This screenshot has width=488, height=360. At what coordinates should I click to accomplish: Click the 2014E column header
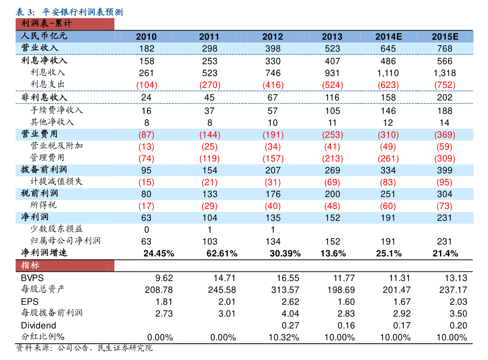tap(388, 37)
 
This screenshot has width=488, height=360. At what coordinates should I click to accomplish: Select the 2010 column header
tap(146, 37)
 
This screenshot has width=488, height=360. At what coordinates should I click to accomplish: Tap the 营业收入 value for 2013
tap(332, 48)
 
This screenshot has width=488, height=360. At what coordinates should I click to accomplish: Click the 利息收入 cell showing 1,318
tap(444, 73)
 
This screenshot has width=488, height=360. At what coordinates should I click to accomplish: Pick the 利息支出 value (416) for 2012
tap(273, 85)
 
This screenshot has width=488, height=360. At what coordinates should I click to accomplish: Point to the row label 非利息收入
tap(44, 97)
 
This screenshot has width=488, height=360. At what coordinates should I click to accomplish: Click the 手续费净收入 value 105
tap(332, 110)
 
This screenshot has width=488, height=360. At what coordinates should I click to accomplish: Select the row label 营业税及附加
tap(57, 146)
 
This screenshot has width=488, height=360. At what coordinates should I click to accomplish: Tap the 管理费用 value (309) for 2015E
tap(444, 158)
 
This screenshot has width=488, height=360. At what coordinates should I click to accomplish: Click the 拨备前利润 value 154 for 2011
tap(209, 170)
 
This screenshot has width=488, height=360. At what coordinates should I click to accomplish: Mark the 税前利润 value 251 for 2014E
tap(388, 194)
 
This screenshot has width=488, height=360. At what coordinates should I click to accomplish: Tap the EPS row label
tap(30, 301)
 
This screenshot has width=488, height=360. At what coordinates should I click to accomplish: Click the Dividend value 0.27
tap(291, 325)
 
